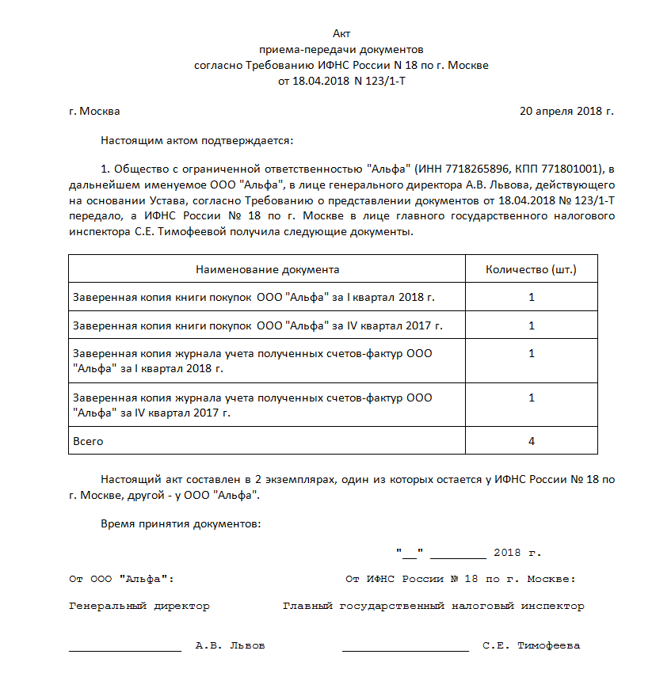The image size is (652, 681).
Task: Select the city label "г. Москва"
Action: click(x=94, y=111)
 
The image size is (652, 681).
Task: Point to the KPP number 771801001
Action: click(x=573, y=169)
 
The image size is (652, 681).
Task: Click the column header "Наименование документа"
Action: click(x=267, y=269)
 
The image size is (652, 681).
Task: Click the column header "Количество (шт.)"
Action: click(x=531, y=269)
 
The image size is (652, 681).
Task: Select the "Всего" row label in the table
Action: click(x=88, y=440)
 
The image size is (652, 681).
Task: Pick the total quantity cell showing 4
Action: click(x=531, y=440)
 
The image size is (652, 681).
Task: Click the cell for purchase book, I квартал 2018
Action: click(x=254, y=297)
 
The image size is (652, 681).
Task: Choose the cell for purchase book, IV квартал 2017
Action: click(x=257, y=325)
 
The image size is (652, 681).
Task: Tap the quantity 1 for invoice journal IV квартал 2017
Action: click(x=531, y=398)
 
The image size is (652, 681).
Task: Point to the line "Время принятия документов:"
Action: click(x=181, y=524)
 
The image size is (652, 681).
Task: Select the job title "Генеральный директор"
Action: click(x=139, y=606)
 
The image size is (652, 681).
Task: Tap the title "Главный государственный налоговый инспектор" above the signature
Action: click(x=433, y=606)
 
